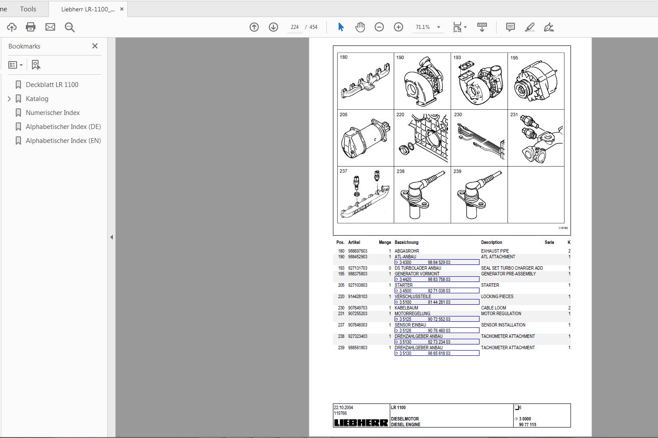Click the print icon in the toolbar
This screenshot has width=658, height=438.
[x=31, y=27]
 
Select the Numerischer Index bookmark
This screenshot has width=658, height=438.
[x=52, y=113]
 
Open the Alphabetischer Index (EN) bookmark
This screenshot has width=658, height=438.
[x=63, y=141]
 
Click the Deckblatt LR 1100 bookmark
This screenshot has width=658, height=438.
[x=52, y=85]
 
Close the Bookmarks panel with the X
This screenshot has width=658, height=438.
[x=95, y=46]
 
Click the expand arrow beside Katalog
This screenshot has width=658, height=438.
[x=9, y=99]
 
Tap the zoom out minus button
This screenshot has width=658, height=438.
[x=379, y=27]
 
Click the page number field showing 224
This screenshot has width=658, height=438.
[x=294, y=27]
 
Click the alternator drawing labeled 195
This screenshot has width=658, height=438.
[x=536, y=83]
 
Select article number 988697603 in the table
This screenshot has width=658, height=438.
[x=357, y=251]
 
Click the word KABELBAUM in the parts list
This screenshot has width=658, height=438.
[x=406, y=308]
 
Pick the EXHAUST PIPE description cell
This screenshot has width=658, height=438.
[x=495, y=251]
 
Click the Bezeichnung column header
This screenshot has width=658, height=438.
[x=406, y=243]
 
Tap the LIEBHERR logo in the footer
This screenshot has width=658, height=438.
[x=361, y=423]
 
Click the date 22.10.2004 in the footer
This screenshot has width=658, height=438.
[x=343, y=407]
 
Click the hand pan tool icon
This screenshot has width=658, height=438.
[x=360, y=27]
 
